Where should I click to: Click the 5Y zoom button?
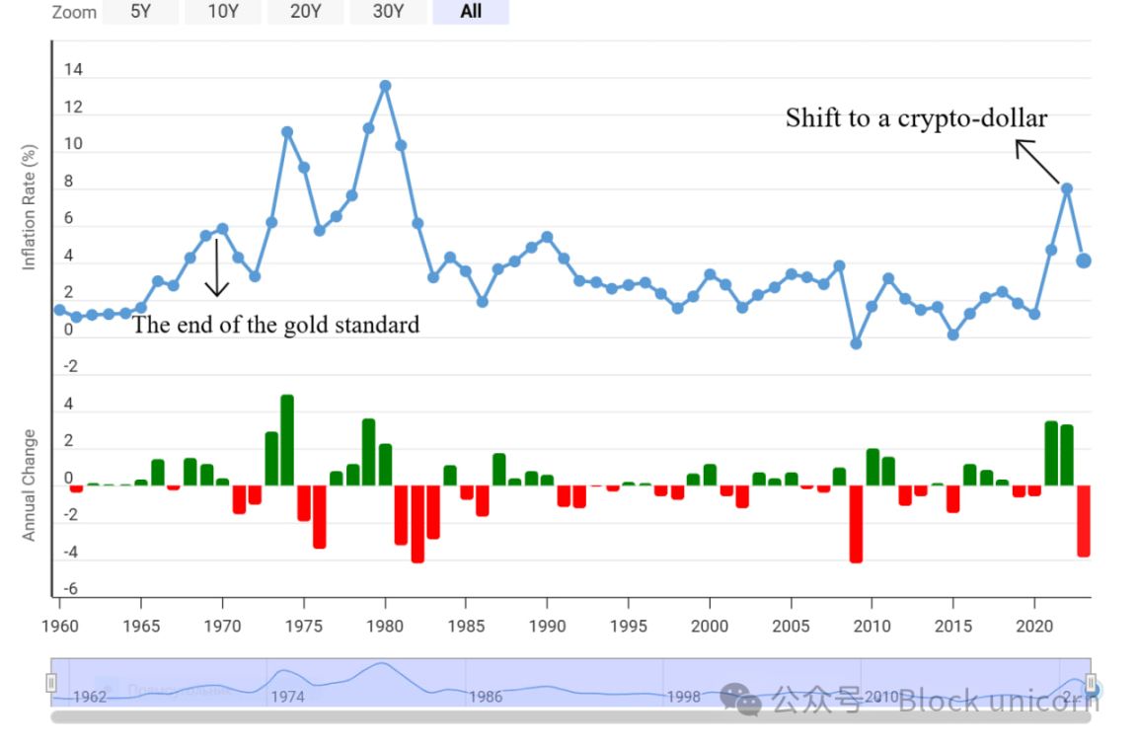coord(140,12)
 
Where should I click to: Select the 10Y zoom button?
coord(223,12)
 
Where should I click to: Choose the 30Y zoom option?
coord(389,12)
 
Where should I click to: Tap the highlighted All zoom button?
coord(471,12)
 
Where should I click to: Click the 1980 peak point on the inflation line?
coord(385,86)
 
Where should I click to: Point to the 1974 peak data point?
coord(287,132)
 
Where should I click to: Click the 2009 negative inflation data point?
coord(856,343)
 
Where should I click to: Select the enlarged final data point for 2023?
coord(1083,261)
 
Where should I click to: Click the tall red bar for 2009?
coord(856,523)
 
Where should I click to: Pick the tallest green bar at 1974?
coord(287,440)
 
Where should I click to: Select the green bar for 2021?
coord(1051,453)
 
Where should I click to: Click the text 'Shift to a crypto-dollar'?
coord(916,118)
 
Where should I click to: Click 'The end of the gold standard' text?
coord(275,325)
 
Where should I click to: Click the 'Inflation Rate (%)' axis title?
coord(30,207)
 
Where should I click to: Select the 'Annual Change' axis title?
coord(30,485)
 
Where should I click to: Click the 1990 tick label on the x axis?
coord(547,627)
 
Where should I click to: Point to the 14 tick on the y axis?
coord(73,71)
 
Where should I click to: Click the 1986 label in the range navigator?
coord(485,697)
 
